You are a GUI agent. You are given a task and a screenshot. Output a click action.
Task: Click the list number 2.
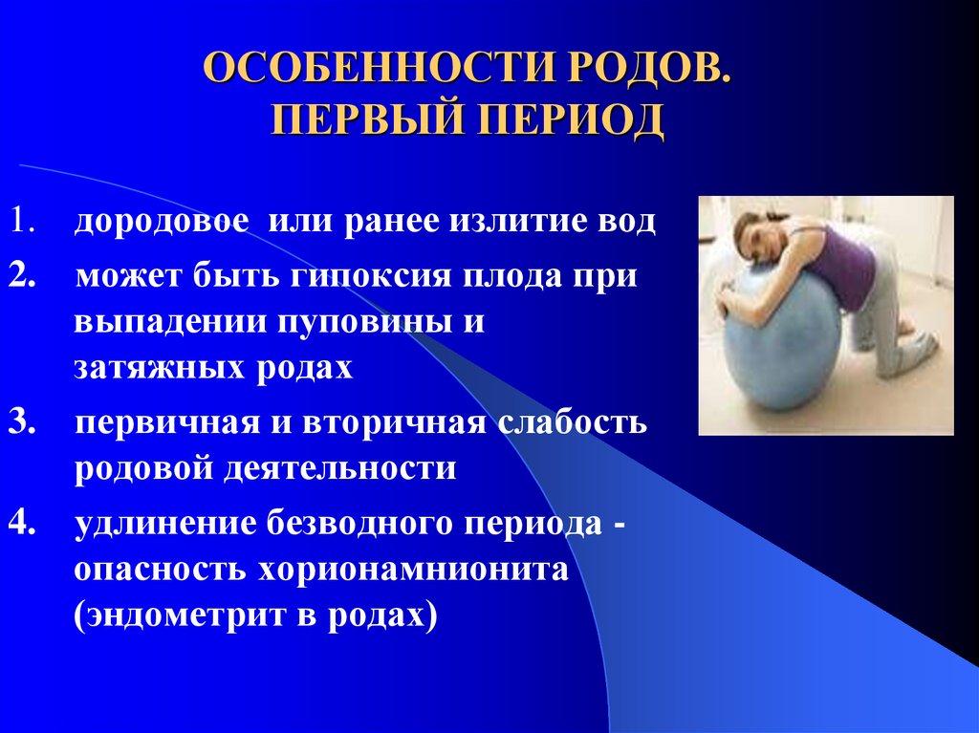(x=22, y=276)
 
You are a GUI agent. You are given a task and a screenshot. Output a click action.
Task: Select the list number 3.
(x=22, y=422)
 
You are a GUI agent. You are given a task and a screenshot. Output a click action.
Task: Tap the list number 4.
(x=22, y=524)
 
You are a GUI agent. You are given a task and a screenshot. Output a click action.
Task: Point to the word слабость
(x=573, y=421)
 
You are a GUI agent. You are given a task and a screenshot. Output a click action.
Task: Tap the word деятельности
(x=339, y=469)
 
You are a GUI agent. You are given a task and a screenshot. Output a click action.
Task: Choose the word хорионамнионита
(x=413, y=571)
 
